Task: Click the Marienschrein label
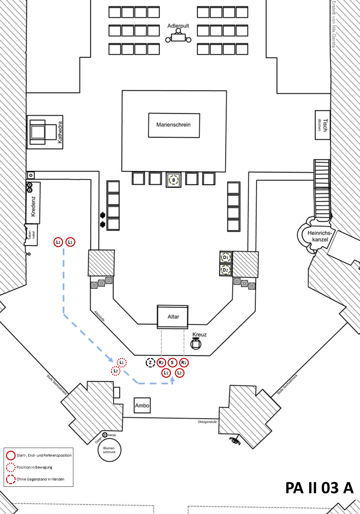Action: [174, 125]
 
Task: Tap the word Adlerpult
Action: [178, 26]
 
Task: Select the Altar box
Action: [173, 317]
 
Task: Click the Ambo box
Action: [142, 406]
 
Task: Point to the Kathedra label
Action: [60, 132]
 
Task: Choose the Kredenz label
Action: [33, 206]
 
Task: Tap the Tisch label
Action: [325, 125]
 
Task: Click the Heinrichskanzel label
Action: [320, 236]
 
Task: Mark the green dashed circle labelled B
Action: [174, 180]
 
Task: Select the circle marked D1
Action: [226, 257]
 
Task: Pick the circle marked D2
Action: [226, 270]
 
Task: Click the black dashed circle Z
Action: [150, 362]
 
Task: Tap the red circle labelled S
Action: [172, 362]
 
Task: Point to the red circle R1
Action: [184, 362]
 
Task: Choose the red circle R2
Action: [161, 362]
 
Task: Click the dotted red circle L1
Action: [122, 362]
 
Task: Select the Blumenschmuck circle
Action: [109, 450]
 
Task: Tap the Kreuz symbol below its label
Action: [196, 344]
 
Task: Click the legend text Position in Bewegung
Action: [35, 467]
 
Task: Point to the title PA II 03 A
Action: [319, 488]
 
